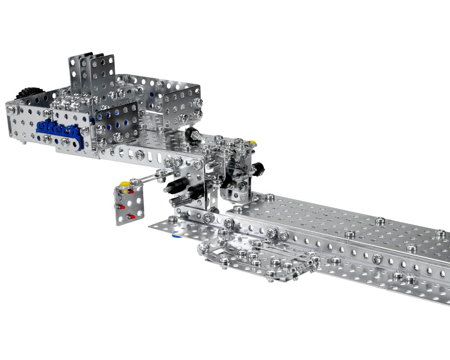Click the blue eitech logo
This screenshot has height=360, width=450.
(58, 132)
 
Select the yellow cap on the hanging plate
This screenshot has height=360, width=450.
(124, 184)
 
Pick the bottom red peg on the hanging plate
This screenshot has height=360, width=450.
(130, 216)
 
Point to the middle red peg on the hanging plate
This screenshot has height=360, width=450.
(120, 207)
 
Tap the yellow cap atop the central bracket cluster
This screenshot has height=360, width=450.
(253, 142)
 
